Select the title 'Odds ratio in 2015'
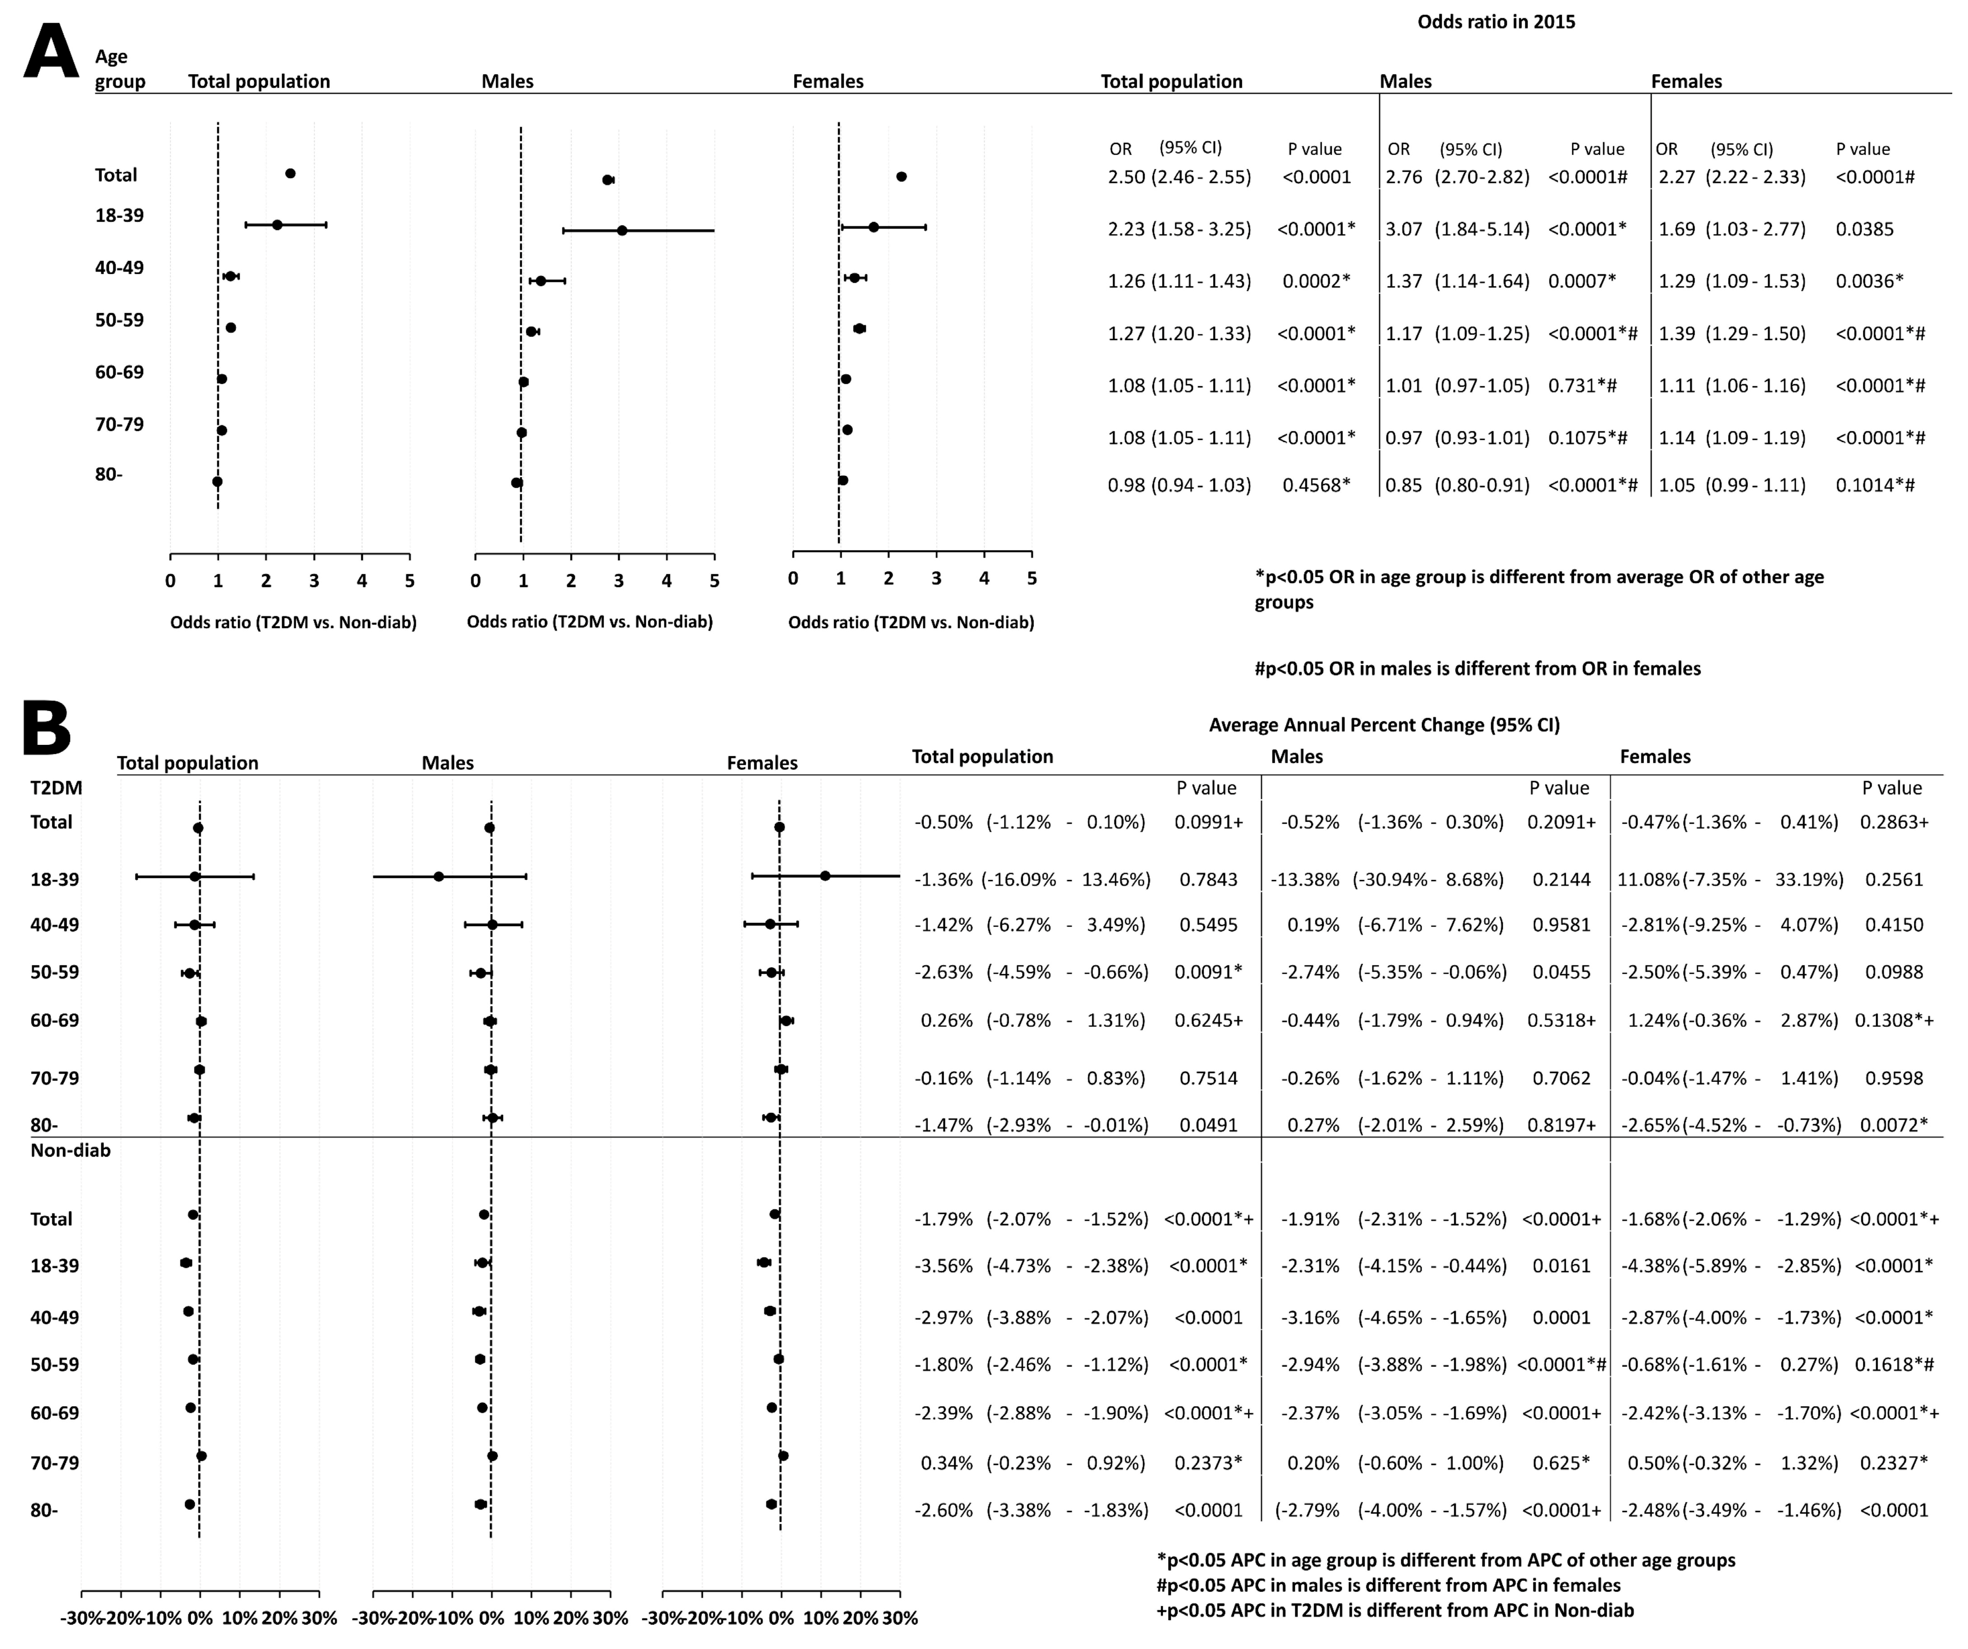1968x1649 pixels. tap(1496, 22)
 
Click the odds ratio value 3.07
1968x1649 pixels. tap(1404, 229)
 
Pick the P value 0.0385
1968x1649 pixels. tap(1865, 229)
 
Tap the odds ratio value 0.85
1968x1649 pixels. tap(1404, 485)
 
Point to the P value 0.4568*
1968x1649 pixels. tap(1317, 485)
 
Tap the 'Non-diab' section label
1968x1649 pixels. tap(70, 1150)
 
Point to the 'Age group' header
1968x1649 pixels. tap(120, 69)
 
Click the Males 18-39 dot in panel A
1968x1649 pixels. tap(622, 229)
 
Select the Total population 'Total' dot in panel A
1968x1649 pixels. tap(291, 173)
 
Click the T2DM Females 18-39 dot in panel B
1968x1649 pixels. tap(825, 876)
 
